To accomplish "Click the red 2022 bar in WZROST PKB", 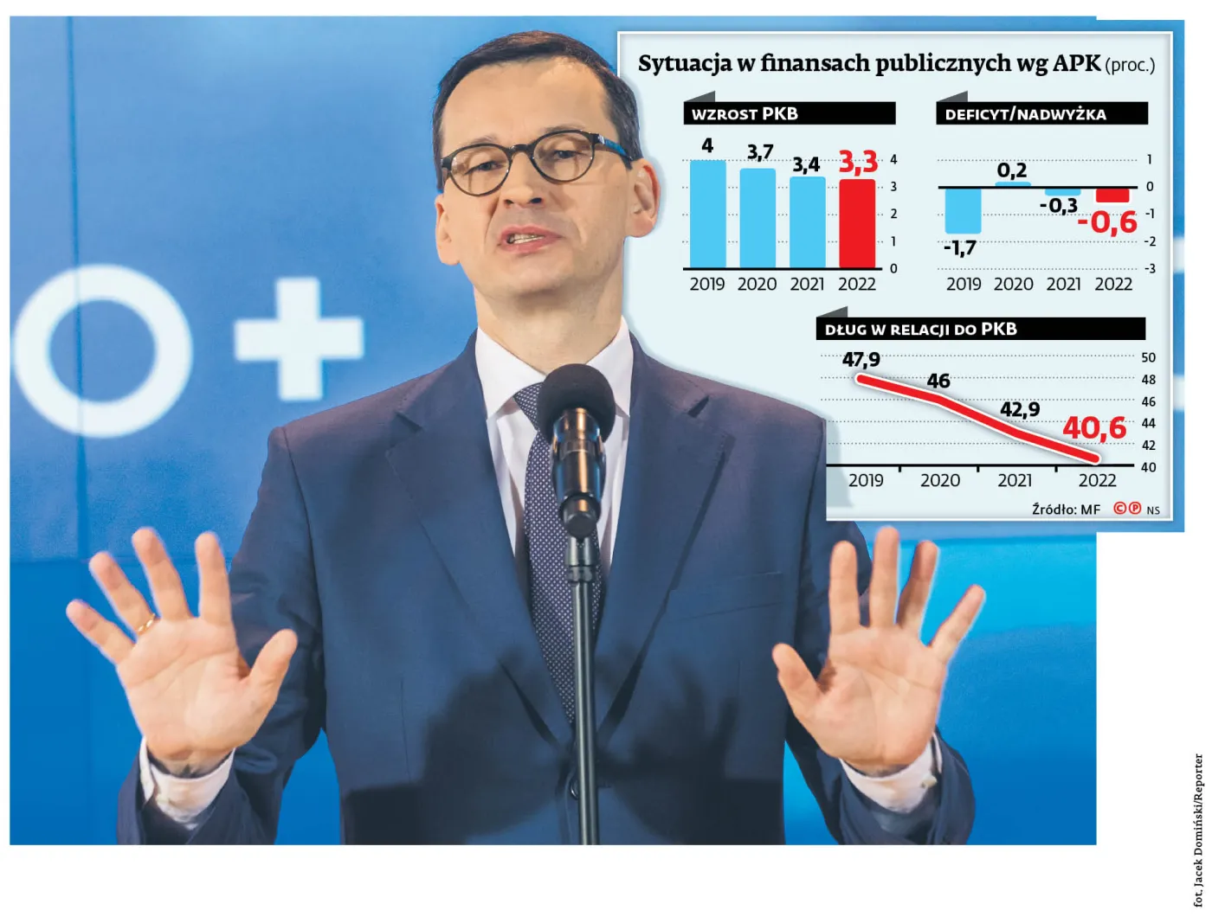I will click(857, 224).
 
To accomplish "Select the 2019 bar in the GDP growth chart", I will click(707, 214).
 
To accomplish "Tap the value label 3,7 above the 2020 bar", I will click(760, 152).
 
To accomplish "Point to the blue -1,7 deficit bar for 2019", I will click(963, 210).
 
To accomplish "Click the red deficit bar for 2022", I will click(1112, 195).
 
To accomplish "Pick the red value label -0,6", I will click(1107, 222).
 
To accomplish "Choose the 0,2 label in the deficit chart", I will click(1011, 170).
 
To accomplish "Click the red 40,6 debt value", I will click(1094, 427).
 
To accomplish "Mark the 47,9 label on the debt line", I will click(861, 359).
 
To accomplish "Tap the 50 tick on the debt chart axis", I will click(1148, 357).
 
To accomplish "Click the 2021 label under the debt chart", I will click(1015, 480).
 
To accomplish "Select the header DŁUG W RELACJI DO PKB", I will click(920, 330).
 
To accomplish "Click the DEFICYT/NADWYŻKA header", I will click(1025, 114).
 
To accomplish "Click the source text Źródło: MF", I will click(1065, 510).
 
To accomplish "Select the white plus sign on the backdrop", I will click(299, 338).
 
